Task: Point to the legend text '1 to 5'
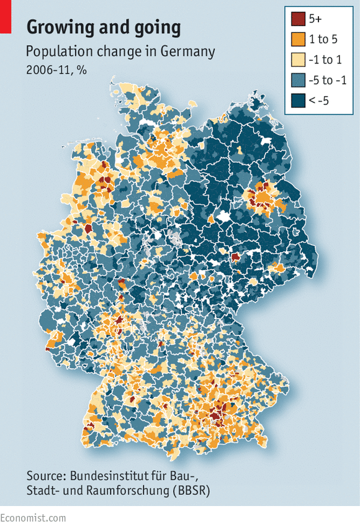[x=323, y=40]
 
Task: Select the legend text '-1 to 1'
[x=325, y=60]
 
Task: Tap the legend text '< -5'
[x=320, y=101]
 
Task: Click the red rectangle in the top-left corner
[x=6, y=17]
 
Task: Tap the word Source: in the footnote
[x=46, y=476]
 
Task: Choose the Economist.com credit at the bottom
[x=33, y=517]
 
